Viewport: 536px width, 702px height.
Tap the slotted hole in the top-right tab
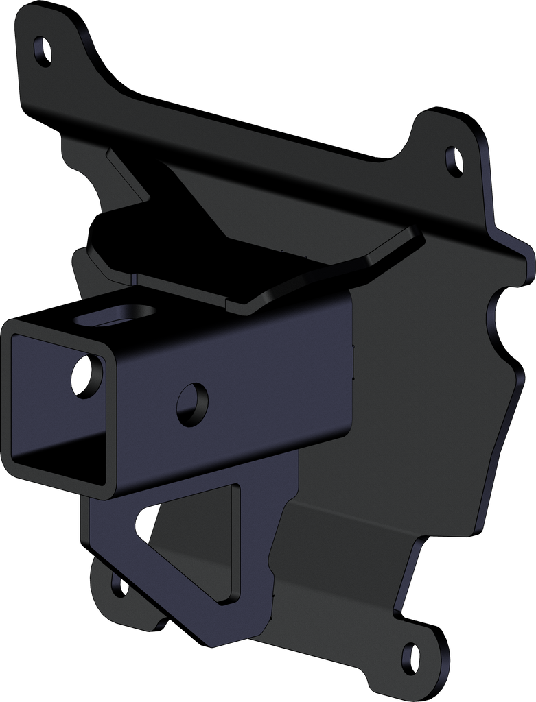(454, 160)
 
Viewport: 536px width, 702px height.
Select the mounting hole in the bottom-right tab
(410, 656)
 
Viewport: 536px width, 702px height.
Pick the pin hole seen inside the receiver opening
(86, 375)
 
